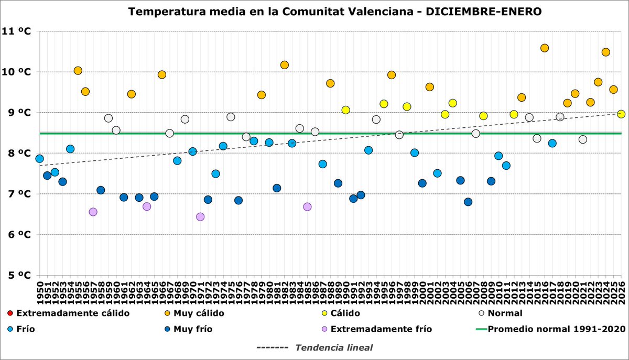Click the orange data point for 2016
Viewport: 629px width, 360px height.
click(544, 48)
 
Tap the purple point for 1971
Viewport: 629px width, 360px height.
click(200, 216)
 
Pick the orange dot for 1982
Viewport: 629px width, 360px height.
click(285, 65)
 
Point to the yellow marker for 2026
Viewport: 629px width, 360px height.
click(621, 114)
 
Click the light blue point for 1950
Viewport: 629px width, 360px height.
click(39, 158)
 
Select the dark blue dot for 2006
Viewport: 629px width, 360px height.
click(468, 202)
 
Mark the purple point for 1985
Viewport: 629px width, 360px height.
click(307, 206)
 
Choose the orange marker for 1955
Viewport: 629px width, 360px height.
click(78, 71)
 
